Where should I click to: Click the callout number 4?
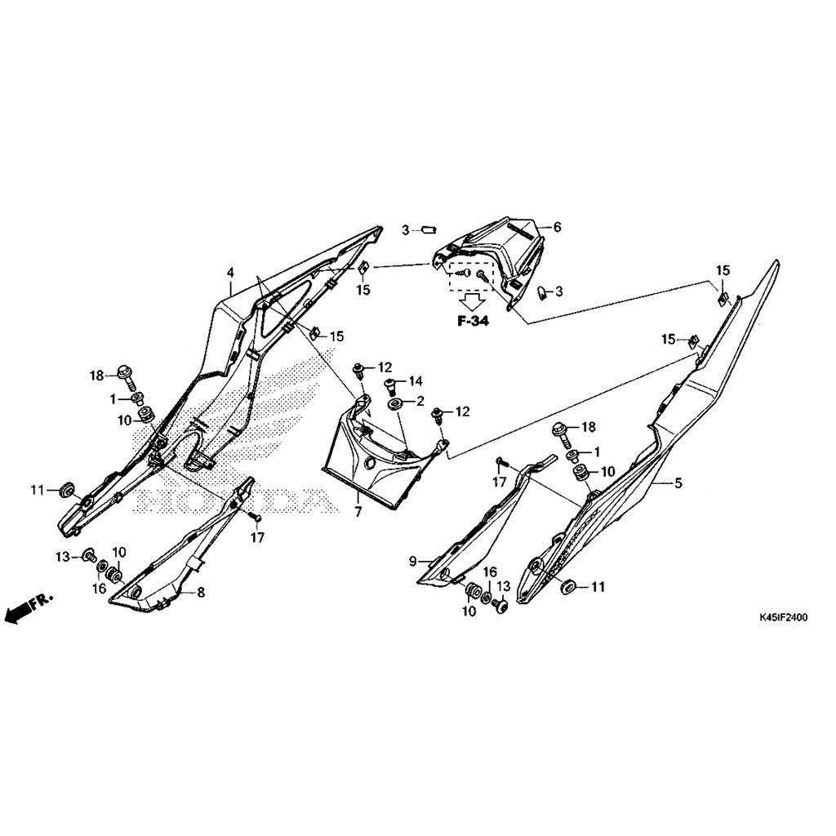230,273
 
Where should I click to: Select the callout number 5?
678,483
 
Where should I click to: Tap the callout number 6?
557,228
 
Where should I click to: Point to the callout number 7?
358,513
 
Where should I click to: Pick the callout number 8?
201,593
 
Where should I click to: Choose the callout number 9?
412,562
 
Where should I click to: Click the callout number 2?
420,402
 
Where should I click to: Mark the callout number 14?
416,380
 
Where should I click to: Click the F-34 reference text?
473,321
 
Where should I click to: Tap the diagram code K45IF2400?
783,618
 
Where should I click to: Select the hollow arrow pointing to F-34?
472,302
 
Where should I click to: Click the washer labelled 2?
396,403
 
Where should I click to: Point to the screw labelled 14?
391,385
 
